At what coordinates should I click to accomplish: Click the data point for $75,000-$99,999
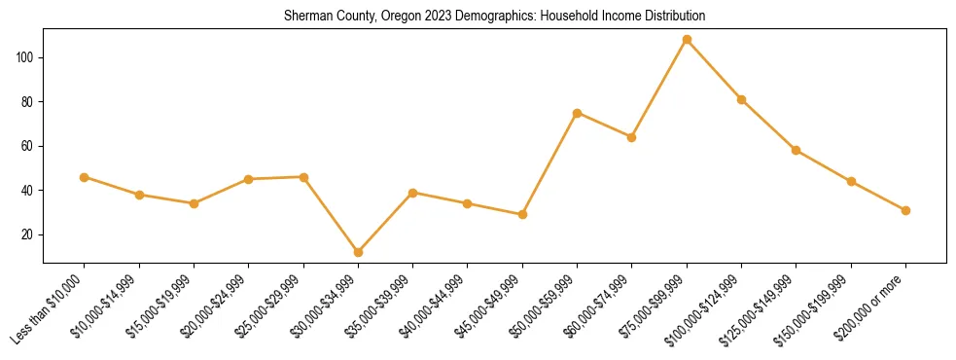point(687,40)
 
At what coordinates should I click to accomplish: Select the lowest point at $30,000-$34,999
point(358,252)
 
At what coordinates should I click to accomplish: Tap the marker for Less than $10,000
point(85,177)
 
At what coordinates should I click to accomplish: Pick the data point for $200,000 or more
point(905,210)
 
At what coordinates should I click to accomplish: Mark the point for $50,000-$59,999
point(578,113)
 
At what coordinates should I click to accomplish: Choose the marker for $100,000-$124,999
point(741,99)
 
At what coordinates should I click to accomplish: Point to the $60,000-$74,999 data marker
point(632,137)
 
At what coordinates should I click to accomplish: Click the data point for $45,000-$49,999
point(522,214)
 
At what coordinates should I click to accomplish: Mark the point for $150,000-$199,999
point(851,181)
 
